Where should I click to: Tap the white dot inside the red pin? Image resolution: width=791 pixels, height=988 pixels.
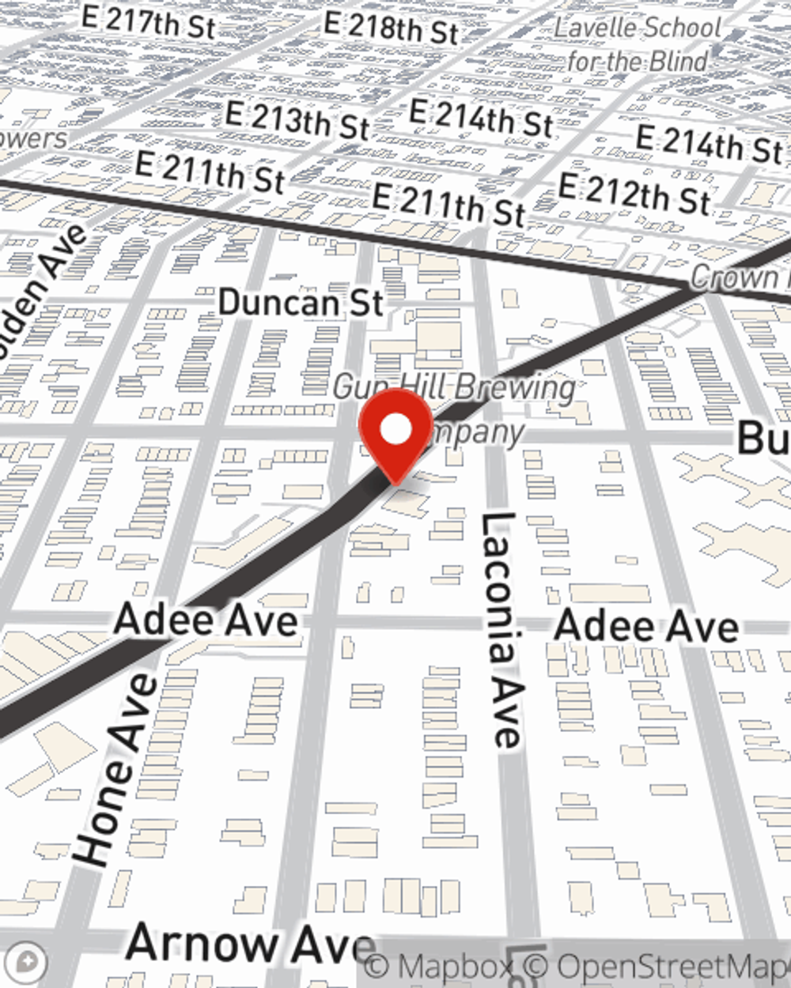pyautogui.click(x=395, y=430)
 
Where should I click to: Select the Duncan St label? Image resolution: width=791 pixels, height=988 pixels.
pyautogui.click(x=301, y=303)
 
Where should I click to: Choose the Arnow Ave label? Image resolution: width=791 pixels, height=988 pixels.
pyautogui.click(x=250, y=944)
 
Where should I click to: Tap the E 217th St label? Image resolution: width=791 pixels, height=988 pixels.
pyautogui.click(x=148, y=22)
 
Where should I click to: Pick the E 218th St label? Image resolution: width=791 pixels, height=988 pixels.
pyautogui.click(x=391, y=28)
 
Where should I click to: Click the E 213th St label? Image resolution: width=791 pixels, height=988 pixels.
pyautogui.click(x=297, y=119)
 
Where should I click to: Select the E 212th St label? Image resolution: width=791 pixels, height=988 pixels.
pyautogui.click(x=635, y=194)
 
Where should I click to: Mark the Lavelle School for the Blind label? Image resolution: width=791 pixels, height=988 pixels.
pyautogui.click(x=638, y=43)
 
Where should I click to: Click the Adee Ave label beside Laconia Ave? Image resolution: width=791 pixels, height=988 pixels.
pyautogui.click(x=646, y=627)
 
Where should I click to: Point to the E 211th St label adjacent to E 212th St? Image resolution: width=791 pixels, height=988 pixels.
pyautogui.click(x=448, y=205)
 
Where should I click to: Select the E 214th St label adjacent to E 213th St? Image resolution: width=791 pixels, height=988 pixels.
pyautogui.click(x=481, y=119)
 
